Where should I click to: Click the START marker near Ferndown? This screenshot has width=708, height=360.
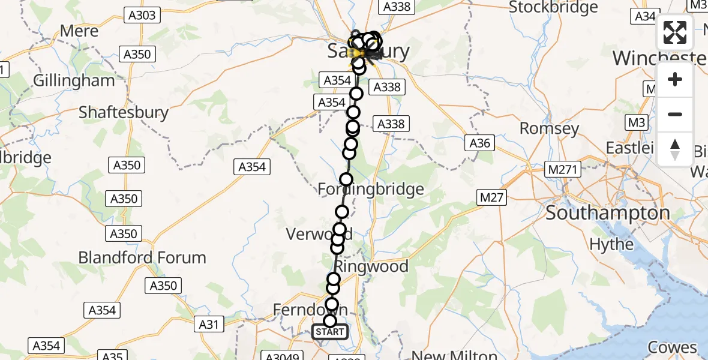coord(329,332)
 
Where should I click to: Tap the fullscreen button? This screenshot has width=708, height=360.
coord(675,32)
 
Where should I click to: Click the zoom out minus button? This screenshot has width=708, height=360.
coord(675,114)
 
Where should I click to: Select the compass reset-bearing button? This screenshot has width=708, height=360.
coord(675,149)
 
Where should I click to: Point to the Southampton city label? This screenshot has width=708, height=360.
coord(608,213)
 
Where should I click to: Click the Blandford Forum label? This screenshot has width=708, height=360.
coord(142,257)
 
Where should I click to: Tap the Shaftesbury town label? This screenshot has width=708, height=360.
coord(124,112)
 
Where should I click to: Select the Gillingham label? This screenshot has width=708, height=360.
coord(74,80)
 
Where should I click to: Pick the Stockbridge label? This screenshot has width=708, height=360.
coord(553,7)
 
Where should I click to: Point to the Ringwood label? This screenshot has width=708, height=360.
coord(372,266)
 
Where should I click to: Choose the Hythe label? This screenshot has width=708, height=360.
coord(611,244)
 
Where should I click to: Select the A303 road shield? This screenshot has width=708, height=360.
coord(142,16)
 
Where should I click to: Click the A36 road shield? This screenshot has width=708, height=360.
coord(480,143)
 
